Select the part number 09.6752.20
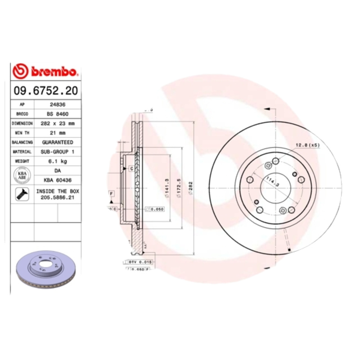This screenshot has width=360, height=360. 45,90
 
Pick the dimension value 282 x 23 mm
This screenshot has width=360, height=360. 57,123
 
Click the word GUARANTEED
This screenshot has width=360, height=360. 57,142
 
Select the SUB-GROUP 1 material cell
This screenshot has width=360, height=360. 57,152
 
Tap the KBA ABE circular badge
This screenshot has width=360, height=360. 22,175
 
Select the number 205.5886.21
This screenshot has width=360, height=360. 57,197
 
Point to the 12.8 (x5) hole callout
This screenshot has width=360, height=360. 307,145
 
